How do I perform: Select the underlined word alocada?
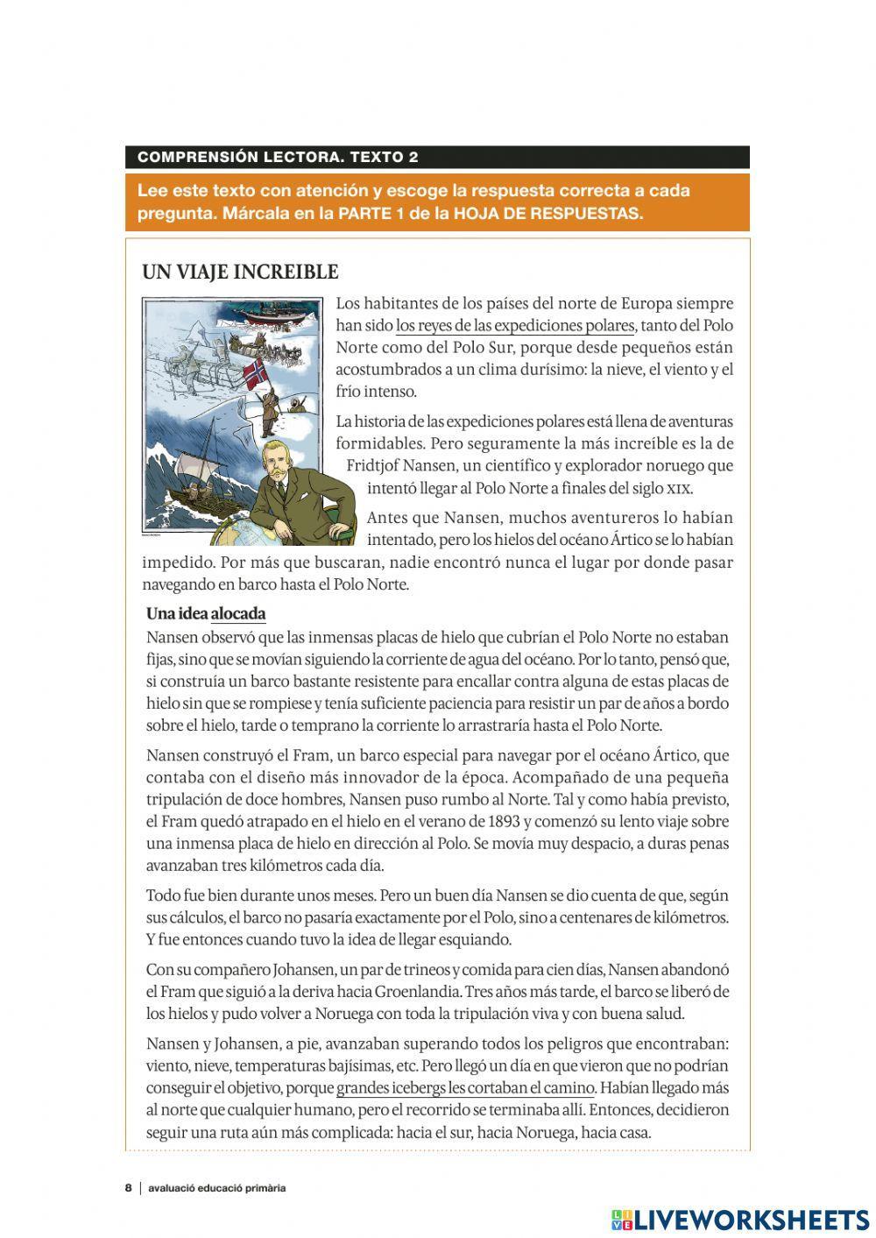(238, 613)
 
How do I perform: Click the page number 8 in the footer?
(129, 1188)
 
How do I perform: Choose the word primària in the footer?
(262, 1188)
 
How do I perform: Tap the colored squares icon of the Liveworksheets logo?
(622, 1220)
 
